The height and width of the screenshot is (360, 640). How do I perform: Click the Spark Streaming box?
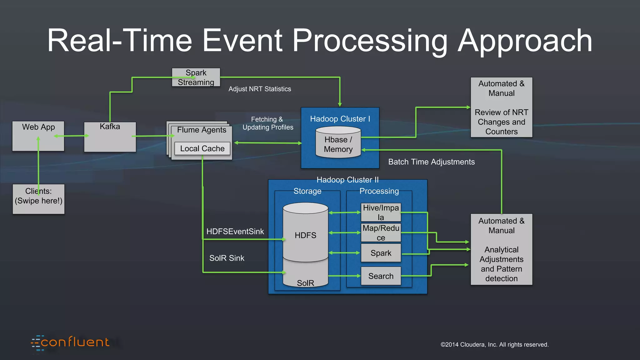[x=196, y=77]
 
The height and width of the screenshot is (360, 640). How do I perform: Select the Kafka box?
[x=110, y=137]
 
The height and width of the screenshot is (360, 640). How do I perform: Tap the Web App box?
[x=38, y=136]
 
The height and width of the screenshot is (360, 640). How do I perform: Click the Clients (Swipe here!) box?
[x=38, y=199]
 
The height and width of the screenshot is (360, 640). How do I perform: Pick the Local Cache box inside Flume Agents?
[x=202, y=148]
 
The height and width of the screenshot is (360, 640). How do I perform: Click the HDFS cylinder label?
[x=305, y=235]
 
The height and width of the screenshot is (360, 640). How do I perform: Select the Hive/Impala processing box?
[x=381, y=212]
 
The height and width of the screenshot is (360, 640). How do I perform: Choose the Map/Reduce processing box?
[x=381, y=232]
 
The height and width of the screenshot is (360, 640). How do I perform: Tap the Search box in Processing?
[x=381, y=276]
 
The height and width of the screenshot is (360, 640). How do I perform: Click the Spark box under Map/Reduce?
[x=381, y=253]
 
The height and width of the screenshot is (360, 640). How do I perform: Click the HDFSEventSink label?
[x=235, y=232]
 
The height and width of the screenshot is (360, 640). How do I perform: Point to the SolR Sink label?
[x=227, y=258]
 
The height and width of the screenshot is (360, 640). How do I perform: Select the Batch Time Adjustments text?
[x=431, y=162]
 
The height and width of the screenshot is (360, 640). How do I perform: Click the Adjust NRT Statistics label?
[x=259, y=89]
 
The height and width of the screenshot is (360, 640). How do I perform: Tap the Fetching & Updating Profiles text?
[x=268, y=123]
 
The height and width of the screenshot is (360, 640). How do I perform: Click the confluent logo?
[x=70, y=343]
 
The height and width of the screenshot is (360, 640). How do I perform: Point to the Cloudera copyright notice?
[x=494, y=345]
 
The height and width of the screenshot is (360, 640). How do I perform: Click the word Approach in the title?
[x=525, y=41]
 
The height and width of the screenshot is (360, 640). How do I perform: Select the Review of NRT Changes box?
[x=501, y=107]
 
